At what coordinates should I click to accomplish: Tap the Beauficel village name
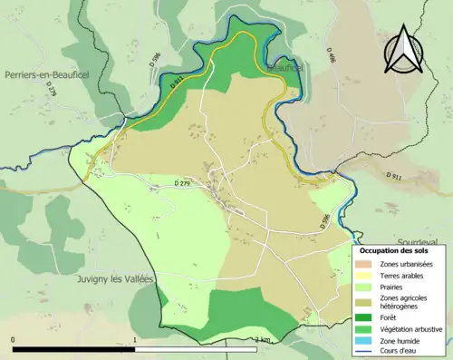[x=283, y=68]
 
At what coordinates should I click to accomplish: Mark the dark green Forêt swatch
[x=368, y=318]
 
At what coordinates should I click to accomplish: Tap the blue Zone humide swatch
[x=368, y=341]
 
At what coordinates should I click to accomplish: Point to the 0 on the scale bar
[x=14, y=339]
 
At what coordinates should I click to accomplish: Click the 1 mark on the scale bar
[x=135, y=339]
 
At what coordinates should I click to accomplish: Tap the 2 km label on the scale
[x=263, y=339]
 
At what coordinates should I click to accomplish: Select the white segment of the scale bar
[x=196, y=348]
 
